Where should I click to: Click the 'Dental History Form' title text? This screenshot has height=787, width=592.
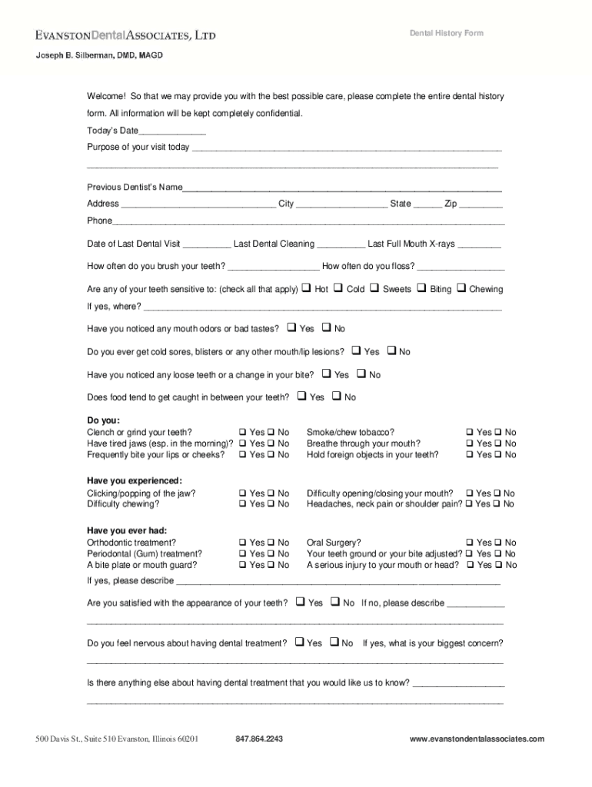tap(446, 34)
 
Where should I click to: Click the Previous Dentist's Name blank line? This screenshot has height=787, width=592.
tap(342, 188)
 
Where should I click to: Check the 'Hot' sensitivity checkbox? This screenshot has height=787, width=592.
tap(305, 289)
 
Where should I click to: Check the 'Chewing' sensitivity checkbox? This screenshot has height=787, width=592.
tap(461, 289)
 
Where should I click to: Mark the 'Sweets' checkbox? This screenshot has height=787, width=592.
tap(374, 289)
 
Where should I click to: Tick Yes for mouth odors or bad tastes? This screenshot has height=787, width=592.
tap(291, 327)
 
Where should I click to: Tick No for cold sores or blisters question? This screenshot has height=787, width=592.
tap(391, 351)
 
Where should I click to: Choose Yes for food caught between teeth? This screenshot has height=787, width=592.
tap(301, 397)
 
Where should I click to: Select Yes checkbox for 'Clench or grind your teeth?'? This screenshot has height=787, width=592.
tap(242, 433)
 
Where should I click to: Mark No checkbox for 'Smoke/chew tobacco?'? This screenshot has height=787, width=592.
tap(497, 433)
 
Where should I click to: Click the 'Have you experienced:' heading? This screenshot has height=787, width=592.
tap(135, 481)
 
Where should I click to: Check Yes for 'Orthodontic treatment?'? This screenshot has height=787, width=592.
tap(242, 543)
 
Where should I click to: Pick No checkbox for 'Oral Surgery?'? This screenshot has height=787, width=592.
tap(497, 543)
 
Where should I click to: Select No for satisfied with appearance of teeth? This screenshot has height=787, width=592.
tap(334, 603)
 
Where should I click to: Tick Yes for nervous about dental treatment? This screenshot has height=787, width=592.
tap(298, 643)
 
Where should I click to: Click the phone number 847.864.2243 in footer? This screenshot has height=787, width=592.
tap(259, 739)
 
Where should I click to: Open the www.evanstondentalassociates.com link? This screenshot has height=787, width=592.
tap(477, 739)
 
